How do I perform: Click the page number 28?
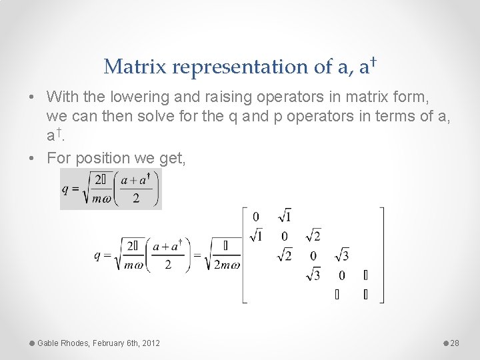click(x=455, y=343)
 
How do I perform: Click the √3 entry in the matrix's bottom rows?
click(x=313, y=275)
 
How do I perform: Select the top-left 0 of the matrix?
click(x=256, y=216)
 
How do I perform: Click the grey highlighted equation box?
click(x=111, y=189)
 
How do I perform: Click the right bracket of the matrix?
click(x=382, y=255)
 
